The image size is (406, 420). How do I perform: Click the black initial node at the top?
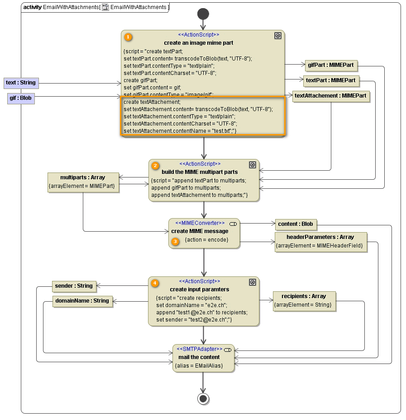tap(203, 14)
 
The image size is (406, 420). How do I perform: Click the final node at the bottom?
tap(203, 398)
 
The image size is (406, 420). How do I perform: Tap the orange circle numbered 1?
tap(128, 37)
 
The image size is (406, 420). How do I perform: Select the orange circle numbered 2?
tap(155, 166)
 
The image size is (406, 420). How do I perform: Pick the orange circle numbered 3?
tap(176, 242)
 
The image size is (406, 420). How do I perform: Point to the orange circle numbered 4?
tap(155, 283)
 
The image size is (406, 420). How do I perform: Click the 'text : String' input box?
tap(20, 83)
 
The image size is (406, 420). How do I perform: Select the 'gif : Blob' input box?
tap(21, 98)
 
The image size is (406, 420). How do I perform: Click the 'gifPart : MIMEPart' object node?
tap(331, 65)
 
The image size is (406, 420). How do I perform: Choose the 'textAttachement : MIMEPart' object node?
tap(331, 96)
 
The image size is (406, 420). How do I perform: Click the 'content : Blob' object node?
tap(296, 224)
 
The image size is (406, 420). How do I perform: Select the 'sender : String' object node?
tap(74, 286)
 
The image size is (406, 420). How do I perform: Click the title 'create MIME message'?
tap(200, 231)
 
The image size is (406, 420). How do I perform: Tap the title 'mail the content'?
tap(199, 357)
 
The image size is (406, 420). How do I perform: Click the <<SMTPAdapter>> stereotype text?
tap(199, 350)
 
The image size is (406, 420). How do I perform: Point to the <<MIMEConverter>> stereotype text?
tap(200, 223)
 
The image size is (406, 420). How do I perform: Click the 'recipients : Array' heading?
tap(304, 296)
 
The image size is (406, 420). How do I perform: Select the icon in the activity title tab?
tap(105, 7)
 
